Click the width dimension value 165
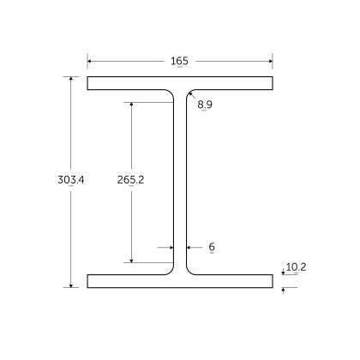click(x=179, y=61)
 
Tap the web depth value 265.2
click(x=129, y=180)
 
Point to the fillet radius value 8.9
click(x=205, y=105)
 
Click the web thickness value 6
click(x=211, y=247)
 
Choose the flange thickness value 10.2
click(x=296, y=267)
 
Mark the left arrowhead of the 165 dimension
click(x=90, y=61)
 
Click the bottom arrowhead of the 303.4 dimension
click(x=71, y=285)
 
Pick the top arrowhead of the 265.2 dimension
click(x=131, y=105)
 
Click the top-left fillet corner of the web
click(x=171, y=94)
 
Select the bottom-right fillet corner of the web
click(x=189, y=270)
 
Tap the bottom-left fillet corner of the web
click(x=171, y=270)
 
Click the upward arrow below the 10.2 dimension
click(x=284, y=291)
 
